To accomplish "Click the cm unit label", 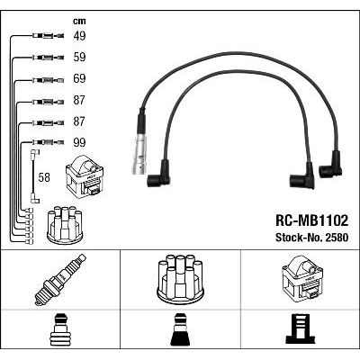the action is pos(79,21).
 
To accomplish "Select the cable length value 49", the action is pos(79,36).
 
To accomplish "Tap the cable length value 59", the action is pos(79,57).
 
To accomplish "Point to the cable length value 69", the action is pos(79,78).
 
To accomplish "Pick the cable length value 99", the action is pos(79,142).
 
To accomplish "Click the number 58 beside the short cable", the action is pos(44,177).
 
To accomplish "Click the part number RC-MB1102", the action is pos(312,220).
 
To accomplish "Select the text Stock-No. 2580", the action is pos(312,238).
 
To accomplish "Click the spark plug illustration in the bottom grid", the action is pos(60,280).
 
